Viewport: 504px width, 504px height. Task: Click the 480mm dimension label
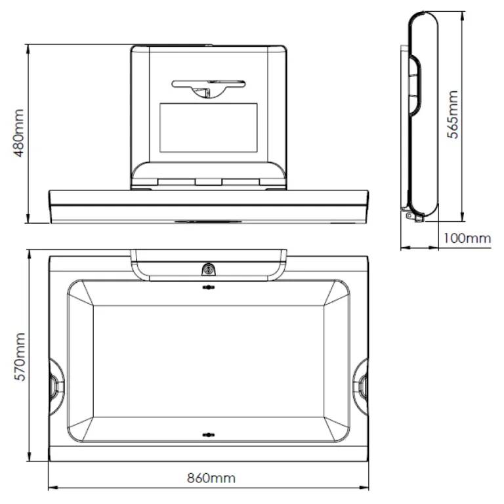click(20, 133)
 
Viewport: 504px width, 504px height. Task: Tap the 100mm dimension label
click(467, 238)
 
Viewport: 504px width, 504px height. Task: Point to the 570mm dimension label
click(20, 356)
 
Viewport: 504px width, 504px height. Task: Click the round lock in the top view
click(209, 269)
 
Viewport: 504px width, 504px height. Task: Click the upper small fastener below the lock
click(208, 287)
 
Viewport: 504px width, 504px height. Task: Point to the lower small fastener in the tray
click(208, 434)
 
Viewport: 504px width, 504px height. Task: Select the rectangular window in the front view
click(209, 131)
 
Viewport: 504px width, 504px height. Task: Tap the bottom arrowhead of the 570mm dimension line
click(29, 461)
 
